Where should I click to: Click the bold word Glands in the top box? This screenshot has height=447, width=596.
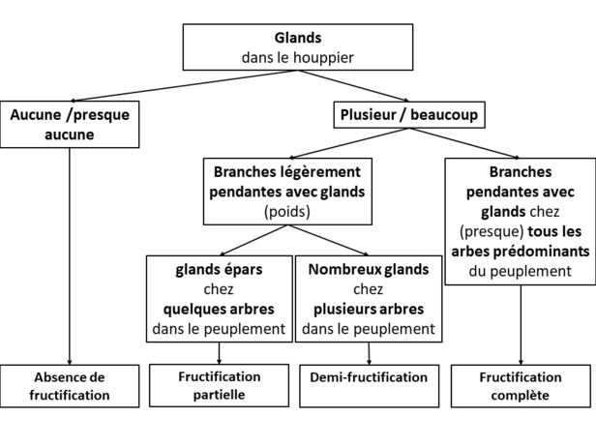[298, 38]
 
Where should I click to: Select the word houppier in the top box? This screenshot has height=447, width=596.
[323, 58]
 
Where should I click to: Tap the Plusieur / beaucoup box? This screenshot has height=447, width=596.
[409, 115]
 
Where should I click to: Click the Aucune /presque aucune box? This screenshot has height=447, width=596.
[70, 124]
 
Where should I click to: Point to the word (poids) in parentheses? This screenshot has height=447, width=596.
[287, 212]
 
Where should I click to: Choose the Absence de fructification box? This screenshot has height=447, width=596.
[70, 386]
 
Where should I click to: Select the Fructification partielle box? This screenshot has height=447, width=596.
[220, 386]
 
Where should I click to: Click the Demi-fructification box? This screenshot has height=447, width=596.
[369, 386]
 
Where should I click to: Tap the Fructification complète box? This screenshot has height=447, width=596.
[521, 386]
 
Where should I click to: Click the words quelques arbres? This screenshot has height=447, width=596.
[219, 310]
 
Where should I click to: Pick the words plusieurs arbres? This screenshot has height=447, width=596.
[369, 310]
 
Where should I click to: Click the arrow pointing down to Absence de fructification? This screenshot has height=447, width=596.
[70, 256]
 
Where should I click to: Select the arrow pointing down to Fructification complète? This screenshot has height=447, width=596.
[521, 325]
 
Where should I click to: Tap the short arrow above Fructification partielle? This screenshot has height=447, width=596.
[219, 353]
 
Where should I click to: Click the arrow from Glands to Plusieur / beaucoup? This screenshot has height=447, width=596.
[353, 86]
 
